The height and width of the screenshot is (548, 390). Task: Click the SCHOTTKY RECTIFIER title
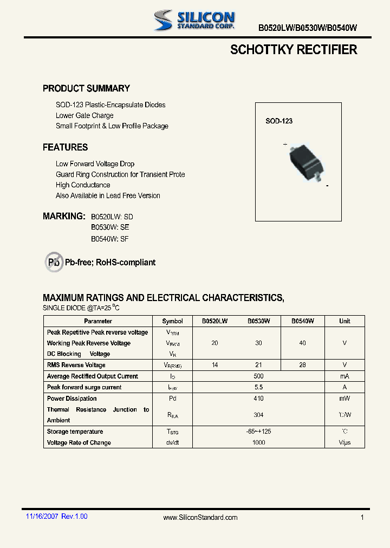click(294, 50)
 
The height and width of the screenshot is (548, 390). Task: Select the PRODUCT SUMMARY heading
click(86, 88)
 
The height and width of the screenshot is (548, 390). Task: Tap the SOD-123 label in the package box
click(279, 121)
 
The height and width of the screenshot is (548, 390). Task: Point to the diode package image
click(306, 160)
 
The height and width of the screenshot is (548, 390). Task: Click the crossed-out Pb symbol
click(54, 262)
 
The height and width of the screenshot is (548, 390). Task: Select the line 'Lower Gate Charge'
click(84, 115)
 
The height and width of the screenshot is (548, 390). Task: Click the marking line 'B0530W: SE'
click(110, 227)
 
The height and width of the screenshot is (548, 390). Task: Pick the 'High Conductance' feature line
click(83, 185)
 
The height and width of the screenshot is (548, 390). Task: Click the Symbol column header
click(173, 321)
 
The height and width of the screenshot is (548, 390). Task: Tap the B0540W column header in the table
click(302, 321)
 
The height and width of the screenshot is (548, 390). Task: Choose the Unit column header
click(344, 321)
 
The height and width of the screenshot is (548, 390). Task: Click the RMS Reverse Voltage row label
click(76, 365)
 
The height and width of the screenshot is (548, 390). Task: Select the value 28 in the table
click(302, 365)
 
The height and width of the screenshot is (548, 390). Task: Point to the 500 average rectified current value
click(258, 376)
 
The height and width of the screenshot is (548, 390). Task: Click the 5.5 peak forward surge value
click(258, 387)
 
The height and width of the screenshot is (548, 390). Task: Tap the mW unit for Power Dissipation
click(344, 399)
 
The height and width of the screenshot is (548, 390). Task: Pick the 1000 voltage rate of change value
click(258, 442)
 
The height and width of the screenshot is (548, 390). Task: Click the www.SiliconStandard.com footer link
click(200, 518)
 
